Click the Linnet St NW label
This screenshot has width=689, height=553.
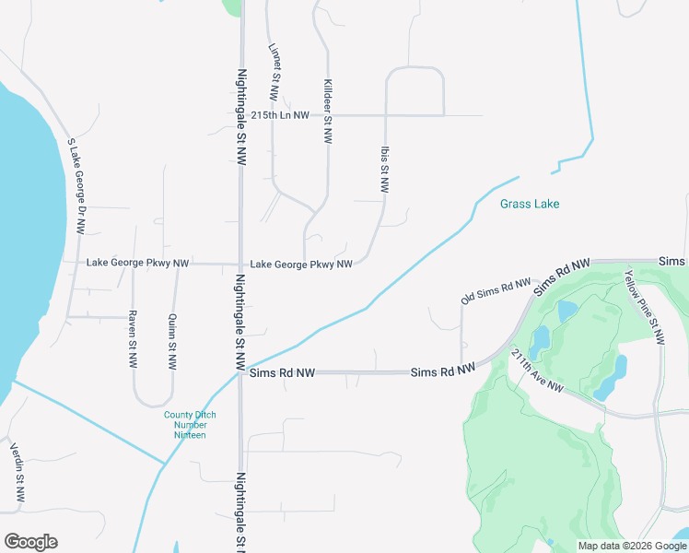274,72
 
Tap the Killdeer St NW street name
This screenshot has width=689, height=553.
327,111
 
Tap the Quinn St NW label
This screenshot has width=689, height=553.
172,342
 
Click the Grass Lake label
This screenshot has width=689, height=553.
530,204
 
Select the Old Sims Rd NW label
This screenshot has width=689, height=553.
496,291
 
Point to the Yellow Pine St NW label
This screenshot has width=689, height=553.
644,307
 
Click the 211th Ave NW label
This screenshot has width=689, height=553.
535,371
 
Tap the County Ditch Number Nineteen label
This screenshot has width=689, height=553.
191,425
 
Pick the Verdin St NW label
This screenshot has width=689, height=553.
16,473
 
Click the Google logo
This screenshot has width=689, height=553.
30,542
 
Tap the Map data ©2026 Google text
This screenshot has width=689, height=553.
631,546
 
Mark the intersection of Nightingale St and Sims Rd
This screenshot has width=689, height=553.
241,373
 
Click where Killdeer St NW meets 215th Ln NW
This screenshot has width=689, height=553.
328,115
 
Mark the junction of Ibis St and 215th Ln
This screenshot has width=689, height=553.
385,115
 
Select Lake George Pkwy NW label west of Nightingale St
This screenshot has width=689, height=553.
137,264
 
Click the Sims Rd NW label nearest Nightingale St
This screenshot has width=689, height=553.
281,373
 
